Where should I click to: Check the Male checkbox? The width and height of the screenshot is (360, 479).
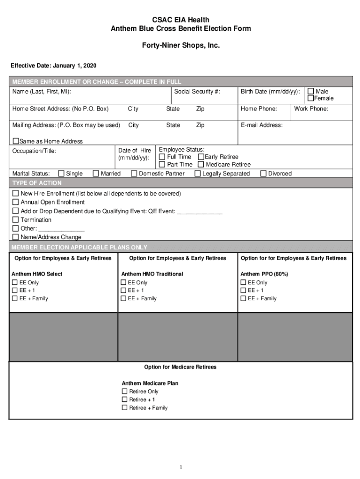click(x=310, y=91)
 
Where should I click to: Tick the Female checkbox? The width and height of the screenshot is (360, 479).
click(x=310, y=98)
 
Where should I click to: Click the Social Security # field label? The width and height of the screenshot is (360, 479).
click(x=197, y=92)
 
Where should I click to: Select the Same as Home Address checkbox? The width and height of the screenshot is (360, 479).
click(x=15, y=141)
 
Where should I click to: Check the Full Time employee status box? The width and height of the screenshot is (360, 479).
click(x=162, y=157)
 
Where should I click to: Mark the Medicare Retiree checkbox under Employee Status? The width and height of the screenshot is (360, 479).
click(x=201, y=165)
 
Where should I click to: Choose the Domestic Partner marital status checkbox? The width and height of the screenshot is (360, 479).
click(x=134, y=174)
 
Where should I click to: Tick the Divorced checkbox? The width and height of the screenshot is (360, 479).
click(x=263, y=174)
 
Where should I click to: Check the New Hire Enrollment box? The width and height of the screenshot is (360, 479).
click(x=15, y=194)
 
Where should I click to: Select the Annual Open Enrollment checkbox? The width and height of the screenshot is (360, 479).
click(x=15, y=202)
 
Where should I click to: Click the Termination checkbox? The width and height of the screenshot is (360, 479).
click(x=15, y=220)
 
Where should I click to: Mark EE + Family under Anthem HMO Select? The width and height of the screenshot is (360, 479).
click(x=14, y=298)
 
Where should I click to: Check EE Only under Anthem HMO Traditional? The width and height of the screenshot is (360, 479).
click(x=124, y=283)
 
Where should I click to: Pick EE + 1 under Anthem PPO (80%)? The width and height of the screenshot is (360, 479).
click(x=243, y=290)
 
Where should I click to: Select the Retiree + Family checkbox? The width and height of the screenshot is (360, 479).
click(x=124, y=408)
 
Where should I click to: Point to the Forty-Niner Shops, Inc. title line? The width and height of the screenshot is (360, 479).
click(x=180, y=46)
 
